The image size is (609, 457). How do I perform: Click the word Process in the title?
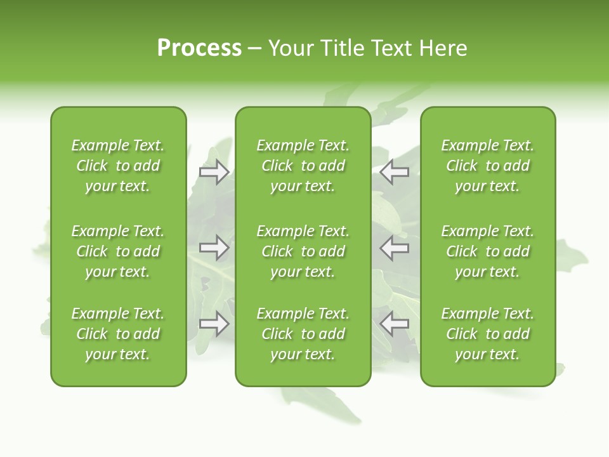pyautogui.click(x=199, y=48)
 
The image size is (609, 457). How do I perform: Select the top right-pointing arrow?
pyautogui.click(x=214, y=172)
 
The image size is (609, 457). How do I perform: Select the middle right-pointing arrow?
pyautogui.click(x=214, y=248)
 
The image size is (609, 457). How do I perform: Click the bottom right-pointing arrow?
pyautogui.click(x=214, y=324)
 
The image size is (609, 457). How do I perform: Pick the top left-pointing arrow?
pyautogui.click(x=395, y=172)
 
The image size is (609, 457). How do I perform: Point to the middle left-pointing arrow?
pyautogui.click(x=395, y=248)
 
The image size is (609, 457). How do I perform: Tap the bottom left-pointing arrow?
pyautogui.click(x=395, y=324)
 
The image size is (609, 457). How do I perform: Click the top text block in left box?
pyautogui.click(x=118, y=166)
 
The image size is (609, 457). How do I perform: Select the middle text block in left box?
pyautogui.click(x=118, y=251)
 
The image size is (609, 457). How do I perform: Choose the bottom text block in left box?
pyautogui.click(x=118, y=334)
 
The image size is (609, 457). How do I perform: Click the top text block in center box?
pyautogui.click(x=303, y=166)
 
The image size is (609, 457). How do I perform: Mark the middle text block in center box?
pyautogui.click(x=303, y=251)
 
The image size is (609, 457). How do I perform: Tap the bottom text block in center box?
pyautogui.click(x=303, y=334)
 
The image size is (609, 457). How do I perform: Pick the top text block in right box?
pyautogui.click(x=488, y=166)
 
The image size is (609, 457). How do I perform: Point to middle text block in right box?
pyautogui.click(x=488, y=251)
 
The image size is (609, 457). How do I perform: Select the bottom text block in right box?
pyautogui.click(x=488, y=334)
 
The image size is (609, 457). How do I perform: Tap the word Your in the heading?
pyautogui.click(x=290, y=48)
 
